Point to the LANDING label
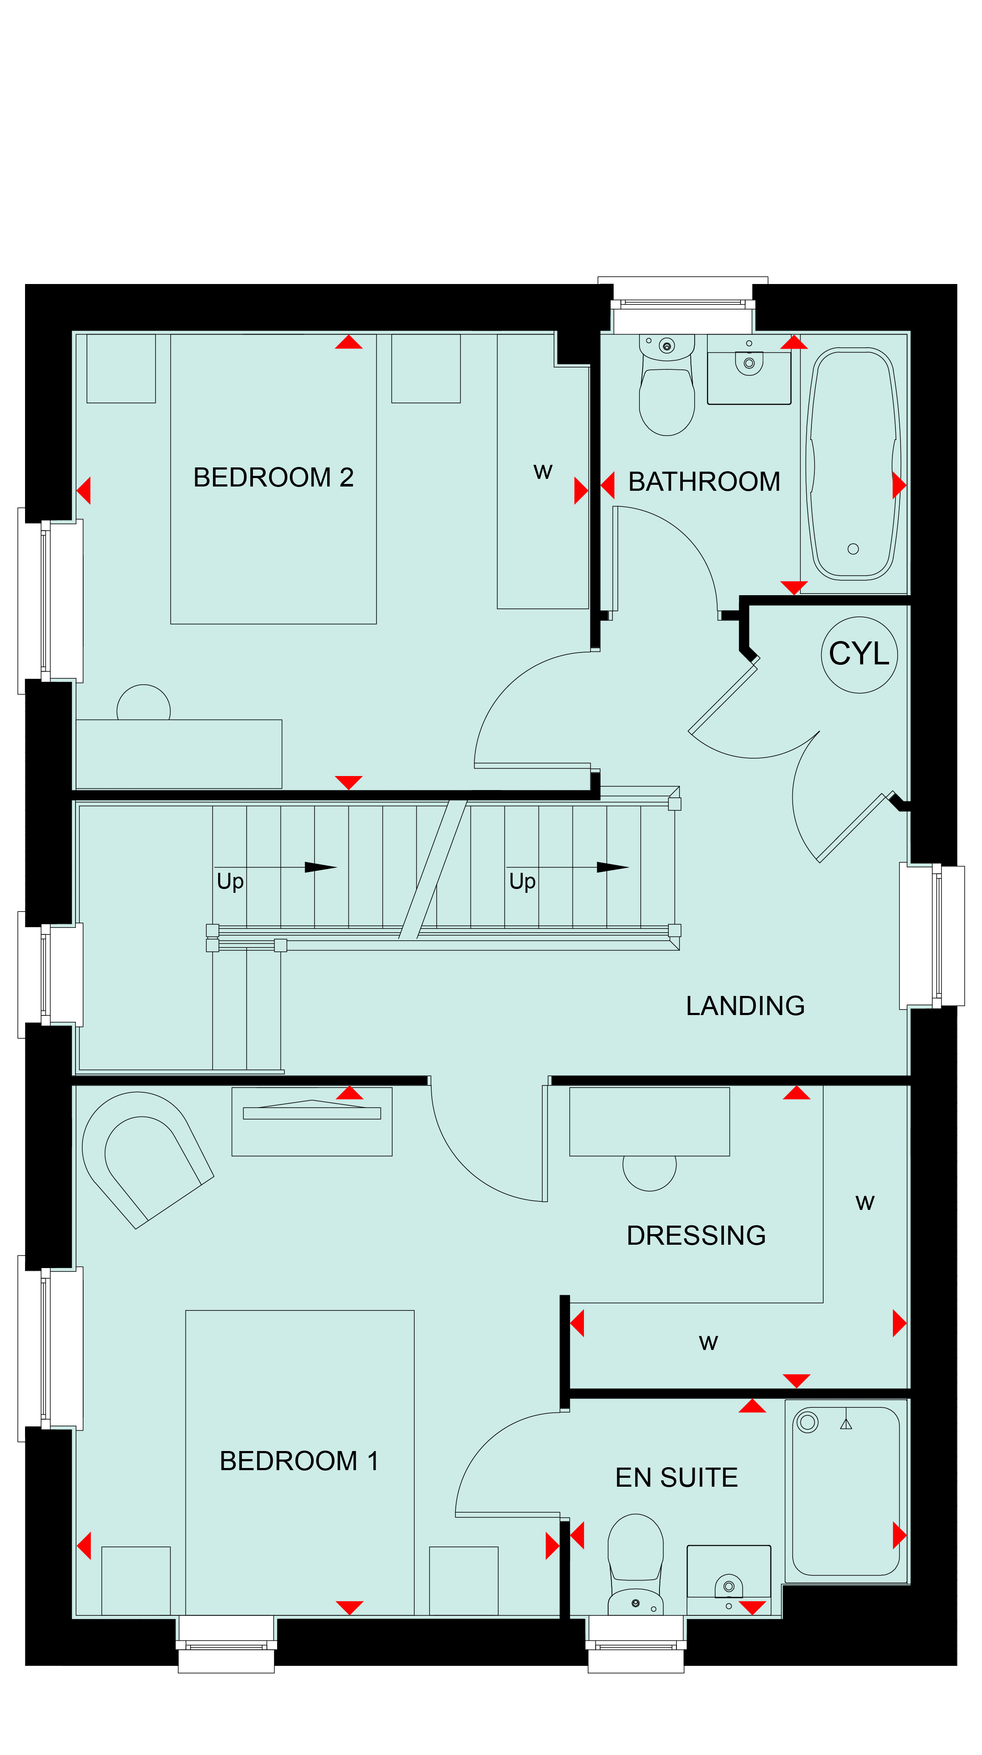(745, 1006)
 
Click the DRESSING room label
(696, 1235)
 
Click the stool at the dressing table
(650, 1173)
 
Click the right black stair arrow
(612, 867)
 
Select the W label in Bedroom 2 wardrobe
(543, 472)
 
